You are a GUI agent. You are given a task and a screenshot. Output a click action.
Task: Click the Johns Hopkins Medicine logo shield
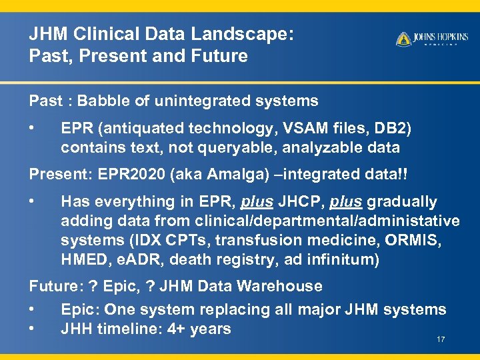[x=403, y=39]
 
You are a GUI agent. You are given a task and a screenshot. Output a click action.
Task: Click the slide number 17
[x=441, y=340]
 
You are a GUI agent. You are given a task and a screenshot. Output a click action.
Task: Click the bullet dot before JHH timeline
[x=32, y=329]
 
